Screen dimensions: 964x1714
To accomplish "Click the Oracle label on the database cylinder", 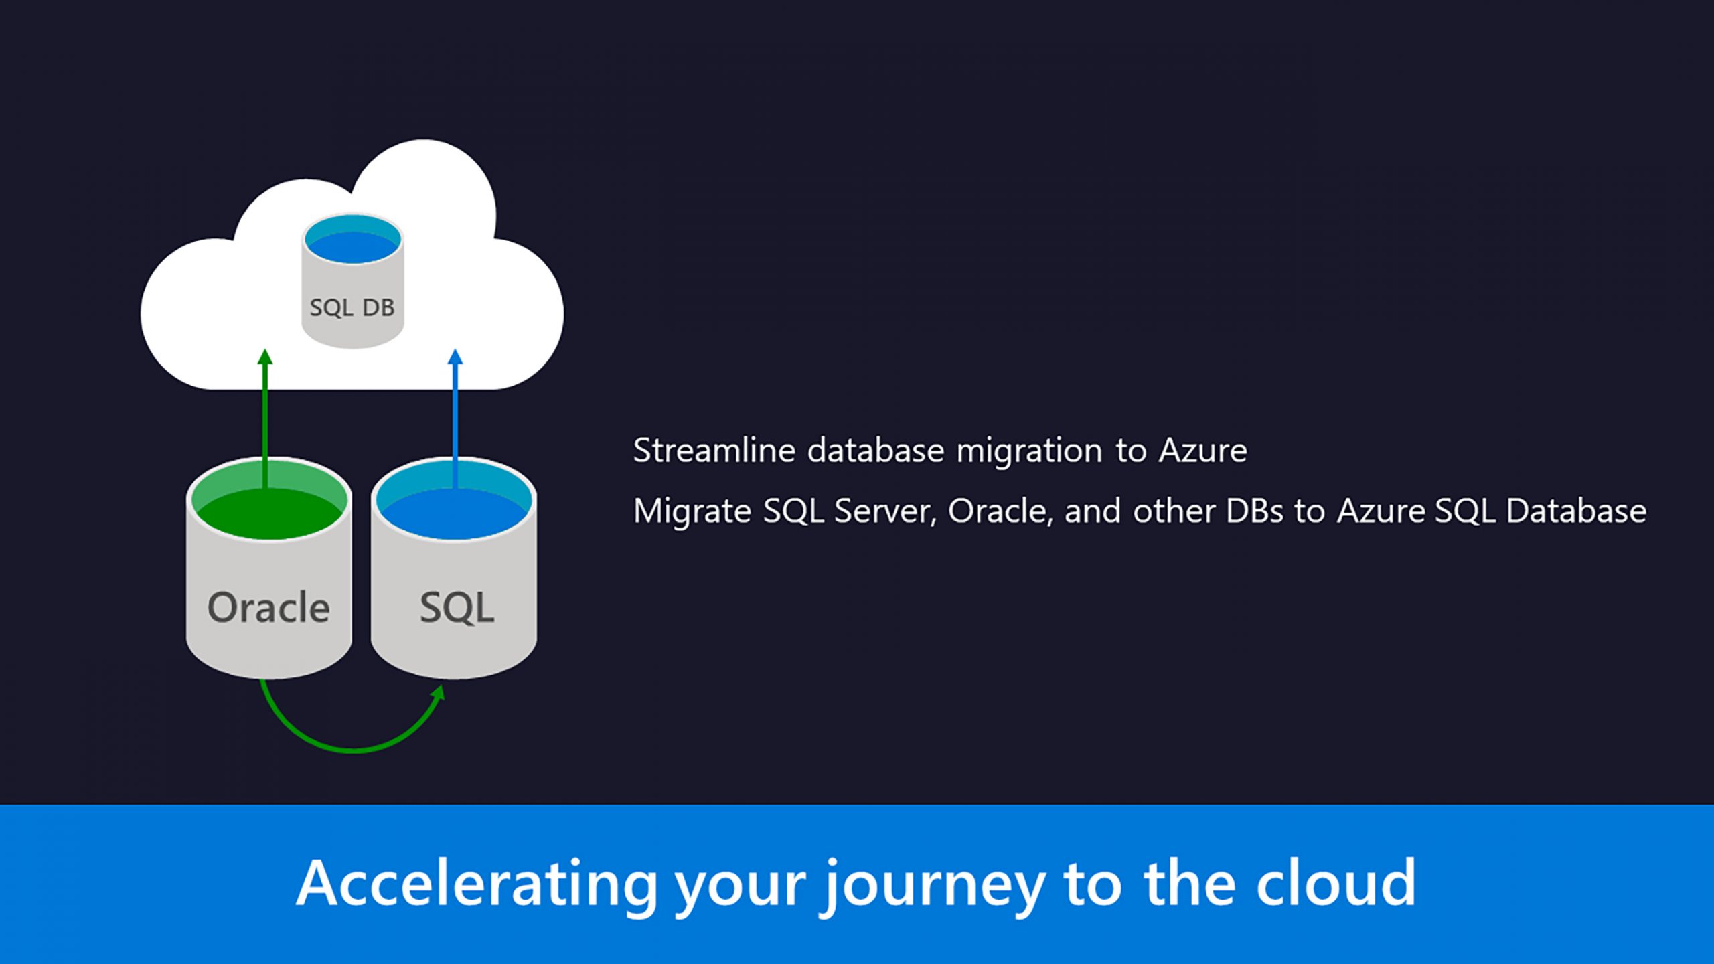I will pyautogui.click(x=268, y=608).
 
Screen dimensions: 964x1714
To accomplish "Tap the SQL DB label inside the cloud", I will pyautogui.click(x=352, y=308).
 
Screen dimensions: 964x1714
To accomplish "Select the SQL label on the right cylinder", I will pyautogui.click(x=457, y=608).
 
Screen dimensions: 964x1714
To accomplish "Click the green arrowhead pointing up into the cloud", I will pyautogui.click(x=265, y=357).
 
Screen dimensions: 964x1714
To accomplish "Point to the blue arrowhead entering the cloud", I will pyautogui.click(x=455, y=357).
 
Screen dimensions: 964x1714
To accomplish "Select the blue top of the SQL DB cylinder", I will pyautogui.click(x=353, y=242).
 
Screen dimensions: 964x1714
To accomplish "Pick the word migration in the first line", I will pyautogui.click(x=1028, y=450).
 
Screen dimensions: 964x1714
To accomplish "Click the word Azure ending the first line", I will pyautogui.click(x=1203, y=450).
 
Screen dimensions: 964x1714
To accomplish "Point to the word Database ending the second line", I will pyautogui.click(x=1576, y=511).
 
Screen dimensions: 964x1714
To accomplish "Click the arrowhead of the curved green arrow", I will pyautogui.click(x=439, y=693).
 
